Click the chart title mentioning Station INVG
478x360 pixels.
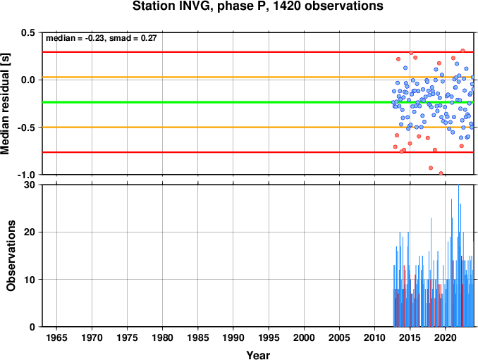coord(258,6)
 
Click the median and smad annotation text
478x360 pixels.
coord(102,38)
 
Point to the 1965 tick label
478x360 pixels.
coord(56,337)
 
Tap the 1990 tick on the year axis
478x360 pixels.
coord(233,337)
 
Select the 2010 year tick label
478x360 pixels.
coord(374,337)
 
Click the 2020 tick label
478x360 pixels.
coord(446,337)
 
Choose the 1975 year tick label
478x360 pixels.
coord(127,337)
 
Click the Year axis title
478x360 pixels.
coord(258,355)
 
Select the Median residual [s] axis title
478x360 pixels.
coord(5,104)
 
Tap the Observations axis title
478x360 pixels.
coord(11,256)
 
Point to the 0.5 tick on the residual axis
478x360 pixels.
coord(28,32)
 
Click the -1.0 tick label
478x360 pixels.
coord(26,175)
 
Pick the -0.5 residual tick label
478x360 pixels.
coord(26,128)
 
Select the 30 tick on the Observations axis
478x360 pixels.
coord(30,185)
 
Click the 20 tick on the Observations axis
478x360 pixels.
coord(30,232)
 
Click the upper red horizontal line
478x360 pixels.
coord(258,52)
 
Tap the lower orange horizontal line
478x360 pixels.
coord(258,127)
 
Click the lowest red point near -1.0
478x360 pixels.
coord(441,173)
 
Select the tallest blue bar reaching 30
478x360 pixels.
coord(458,256)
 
